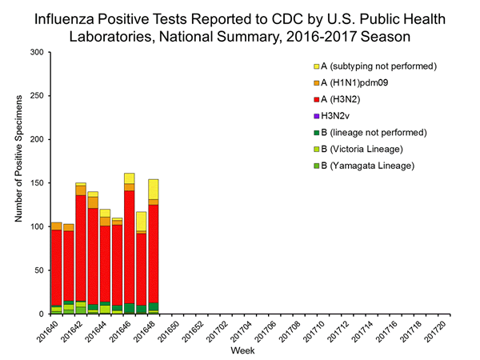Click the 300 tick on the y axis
click(38, 52)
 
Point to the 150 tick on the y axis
click(38, 183)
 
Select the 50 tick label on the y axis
click(40, 270)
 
